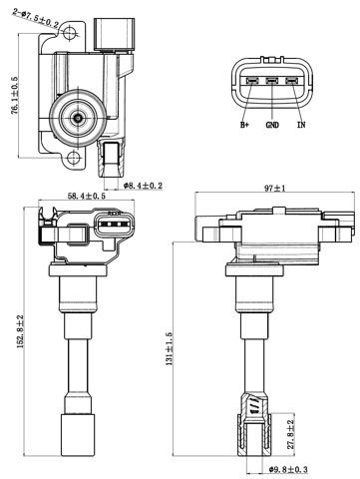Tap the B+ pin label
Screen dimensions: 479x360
click(244, 125)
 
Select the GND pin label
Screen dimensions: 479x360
click(271, 125)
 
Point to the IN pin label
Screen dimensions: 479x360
click(300, 125)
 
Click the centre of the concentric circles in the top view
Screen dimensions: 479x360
click(77, 118)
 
